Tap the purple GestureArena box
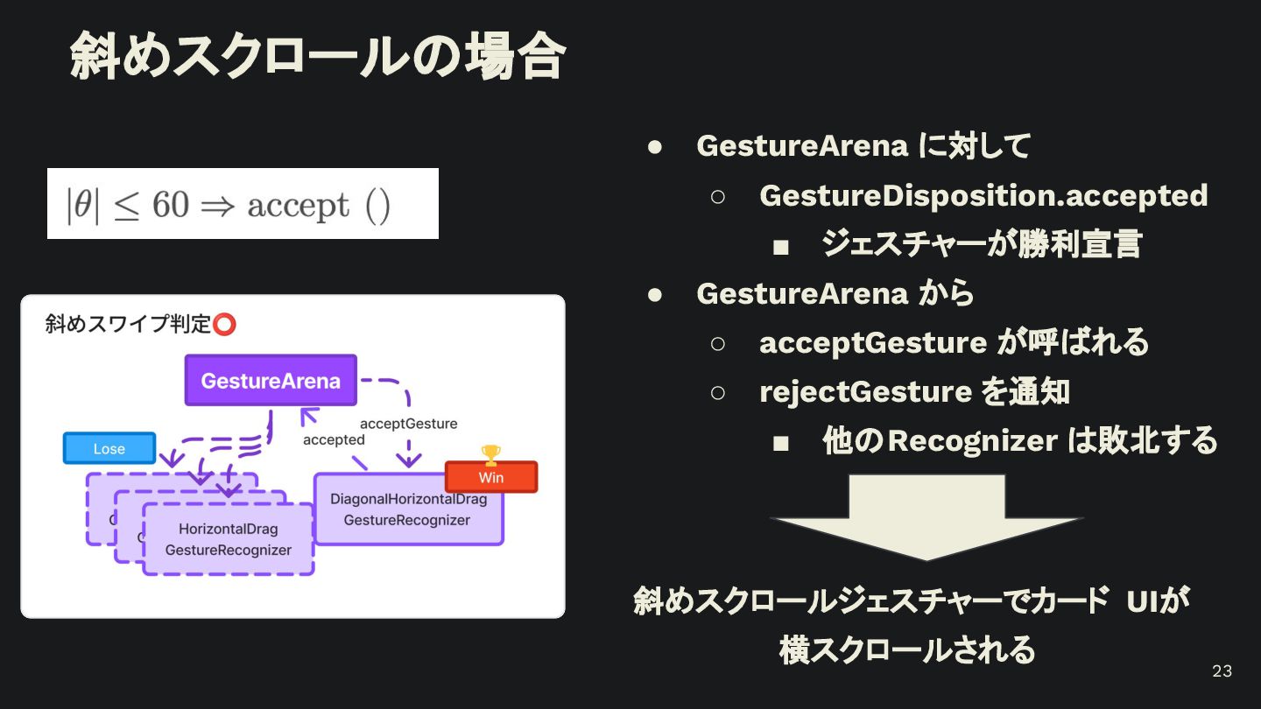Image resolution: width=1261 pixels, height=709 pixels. [271, 381]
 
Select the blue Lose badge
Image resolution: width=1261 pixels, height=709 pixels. [109, 448]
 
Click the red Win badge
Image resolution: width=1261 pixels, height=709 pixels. [491, 477]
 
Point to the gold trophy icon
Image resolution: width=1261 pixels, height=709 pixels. [491, 454]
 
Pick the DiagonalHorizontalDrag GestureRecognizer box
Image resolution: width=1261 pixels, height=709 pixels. [408, 510]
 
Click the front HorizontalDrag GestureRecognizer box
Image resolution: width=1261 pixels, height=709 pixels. [228, 539]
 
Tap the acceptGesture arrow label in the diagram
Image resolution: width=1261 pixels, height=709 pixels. [408, 424]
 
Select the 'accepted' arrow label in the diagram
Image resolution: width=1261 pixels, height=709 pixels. [334, 439]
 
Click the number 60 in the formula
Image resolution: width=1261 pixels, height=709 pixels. [171, 205]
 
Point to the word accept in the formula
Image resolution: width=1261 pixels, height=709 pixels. [299, 205]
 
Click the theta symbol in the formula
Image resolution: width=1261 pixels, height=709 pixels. [82, 205]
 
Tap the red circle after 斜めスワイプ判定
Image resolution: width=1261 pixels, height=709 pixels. [225, 325]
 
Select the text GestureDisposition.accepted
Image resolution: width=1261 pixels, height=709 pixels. [983, 195]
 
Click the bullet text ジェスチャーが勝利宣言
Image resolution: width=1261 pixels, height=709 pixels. [982, 244]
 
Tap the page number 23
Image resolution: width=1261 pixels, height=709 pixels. [1222, 671]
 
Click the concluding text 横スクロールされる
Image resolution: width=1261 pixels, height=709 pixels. [907, 650]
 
